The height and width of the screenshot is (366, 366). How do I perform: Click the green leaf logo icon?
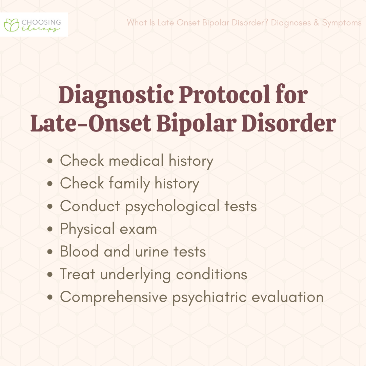click(12, 25)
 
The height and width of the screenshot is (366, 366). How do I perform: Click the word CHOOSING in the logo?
click(41, 22)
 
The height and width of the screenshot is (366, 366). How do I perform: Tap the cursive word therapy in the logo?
click(41, 29)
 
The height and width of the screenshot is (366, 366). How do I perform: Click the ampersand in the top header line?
click(316, 23)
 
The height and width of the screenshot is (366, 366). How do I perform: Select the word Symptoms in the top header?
click(342, 23)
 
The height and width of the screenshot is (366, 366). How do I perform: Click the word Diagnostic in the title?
click(116, 95)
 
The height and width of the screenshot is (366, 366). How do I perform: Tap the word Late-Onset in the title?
click(90, 123)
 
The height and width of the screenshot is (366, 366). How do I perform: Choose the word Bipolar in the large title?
click(196, 124)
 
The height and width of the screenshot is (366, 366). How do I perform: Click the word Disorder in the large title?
click(289, 123)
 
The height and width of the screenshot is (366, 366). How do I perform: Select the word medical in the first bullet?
click(136, 161)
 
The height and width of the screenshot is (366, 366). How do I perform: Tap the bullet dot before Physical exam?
click(50, 229)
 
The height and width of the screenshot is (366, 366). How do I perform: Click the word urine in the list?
click(152, 251)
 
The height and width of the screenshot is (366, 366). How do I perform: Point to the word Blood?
click(79, 251)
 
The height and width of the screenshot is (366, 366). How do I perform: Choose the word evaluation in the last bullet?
click(288, 297)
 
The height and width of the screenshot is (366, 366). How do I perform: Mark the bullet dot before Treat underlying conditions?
click(50, 274)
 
